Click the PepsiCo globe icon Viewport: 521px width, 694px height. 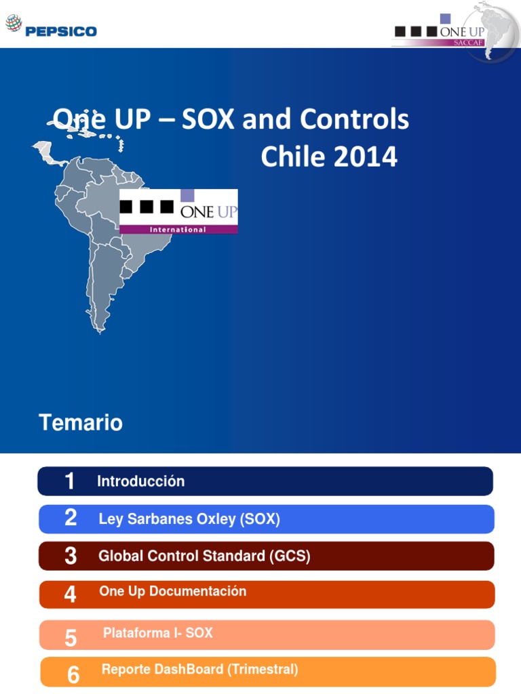(x=14, y=24)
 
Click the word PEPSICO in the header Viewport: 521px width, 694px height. (x=61, y=31)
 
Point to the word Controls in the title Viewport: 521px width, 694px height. (x=355, y=120)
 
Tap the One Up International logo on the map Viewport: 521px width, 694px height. (x=178, y=211)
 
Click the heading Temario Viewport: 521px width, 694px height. (x=81, y=423)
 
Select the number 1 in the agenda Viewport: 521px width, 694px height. (x=69, y=482)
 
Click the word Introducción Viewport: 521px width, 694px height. (x=140, y=482)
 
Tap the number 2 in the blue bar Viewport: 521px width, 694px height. (x=71, y=518)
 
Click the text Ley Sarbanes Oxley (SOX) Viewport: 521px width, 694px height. (x=189, y=520)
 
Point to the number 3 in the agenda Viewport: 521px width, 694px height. (x=71, y=556)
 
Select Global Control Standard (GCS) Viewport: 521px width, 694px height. (x=204, y=556)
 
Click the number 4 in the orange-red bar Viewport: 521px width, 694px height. (x=71, y=594)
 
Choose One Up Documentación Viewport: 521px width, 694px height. (x=172, y=592)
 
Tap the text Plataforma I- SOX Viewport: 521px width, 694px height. (x=157, y=633)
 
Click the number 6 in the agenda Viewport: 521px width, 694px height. (x=73, y=674)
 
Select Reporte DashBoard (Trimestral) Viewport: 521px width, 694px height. (x=199, y=670)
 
